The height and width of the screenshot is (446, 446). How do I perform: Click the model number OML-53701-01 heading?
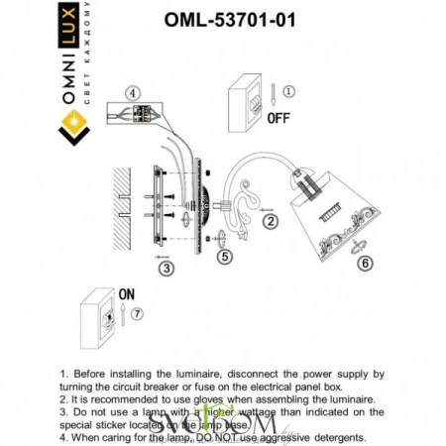(228, 18)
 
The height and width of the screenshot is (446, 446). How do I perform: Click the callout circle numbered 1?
(288, 92)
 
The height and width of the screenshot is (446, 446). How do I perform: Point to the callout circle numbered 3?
(167, 268)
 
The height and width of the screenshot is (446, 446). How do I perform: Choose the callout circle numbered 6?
(366, 264)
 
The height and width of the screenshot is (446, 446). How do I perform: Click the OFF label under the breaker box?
(279, 117)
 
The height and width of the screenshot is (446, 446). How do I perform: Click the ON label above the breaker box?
(126, 294)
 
